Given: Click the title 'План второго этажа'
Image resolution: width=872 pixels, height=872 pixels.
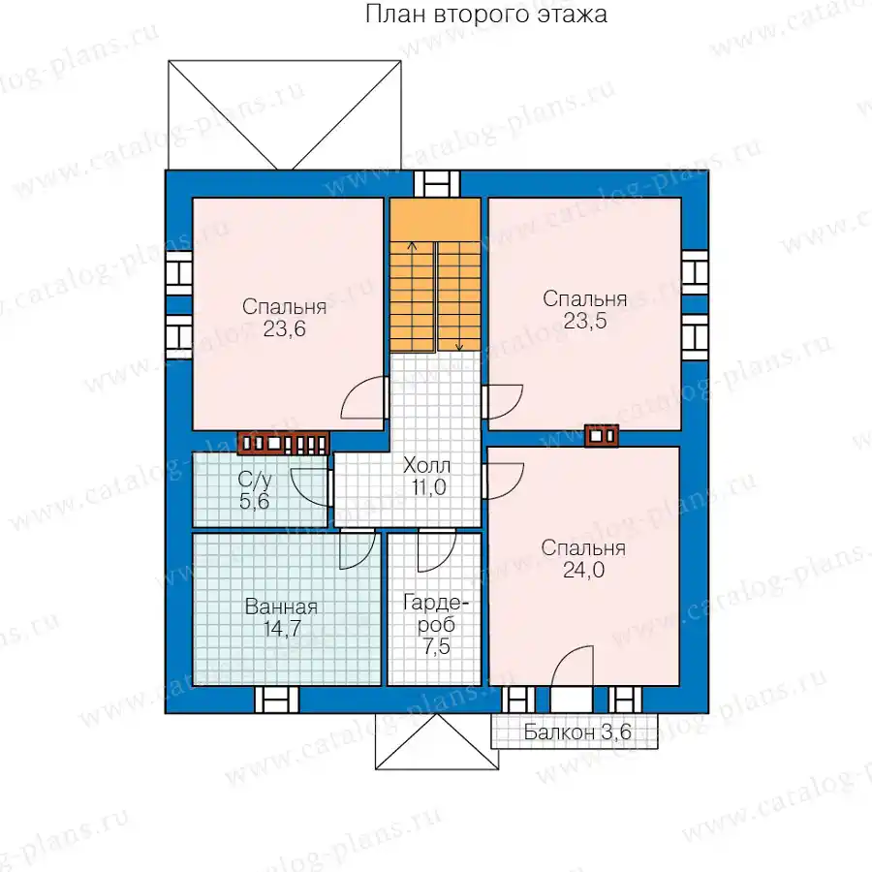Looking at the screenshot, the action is (x=486, y=15).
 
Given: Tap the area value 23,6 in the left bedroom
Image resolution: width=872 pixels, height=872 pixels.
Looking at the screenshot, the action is (x=284, y=329).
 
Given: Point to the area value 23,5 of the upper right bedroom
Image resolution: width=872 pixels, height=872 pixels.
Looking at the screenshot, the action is (x=585, y=321).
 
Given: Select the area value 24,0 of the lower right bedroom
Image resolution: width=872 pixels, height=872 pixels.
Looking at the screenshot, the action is (x=584, y=570).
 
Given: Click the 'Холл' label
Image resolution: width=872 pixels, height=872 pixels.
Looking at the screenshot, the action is (x=426, y=465).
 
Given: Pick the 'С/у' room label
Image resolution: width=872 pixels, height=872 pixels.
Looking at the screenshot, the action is (x=254, y=480).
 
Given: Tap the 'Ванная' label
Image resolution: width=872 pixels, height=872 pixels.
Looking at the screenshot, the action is (x=281, y=607).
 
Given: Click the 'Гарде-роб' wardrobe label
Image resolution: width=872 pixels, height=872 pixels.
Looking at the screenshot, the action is (x=436, y=614).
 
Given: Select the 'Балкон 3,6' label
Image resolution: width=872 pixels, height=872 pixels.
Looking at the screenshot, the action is (x=577, y=732).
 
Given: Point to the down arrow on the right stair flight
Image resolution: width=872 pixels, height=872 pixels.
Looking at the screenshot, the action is (x=459, y=296).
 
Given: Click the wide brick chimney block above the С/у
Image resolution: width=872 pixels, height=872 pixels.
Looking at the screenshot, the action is (x=284, y=443).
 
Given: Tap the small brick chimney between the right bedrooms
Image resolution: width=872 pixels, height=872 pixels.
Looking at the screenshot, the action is (x=601, y=435).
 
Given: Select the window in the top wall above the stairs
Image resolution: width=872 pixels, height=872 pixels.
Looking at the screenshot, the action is (x=437, y=184).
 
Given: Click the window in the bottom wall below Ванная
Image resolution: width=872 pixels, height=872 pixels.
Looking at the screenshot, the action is (x=276, y=700).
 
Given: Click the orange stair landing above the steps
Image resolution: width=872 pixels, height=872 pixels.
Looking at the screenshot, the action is (x=435, y=220).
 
